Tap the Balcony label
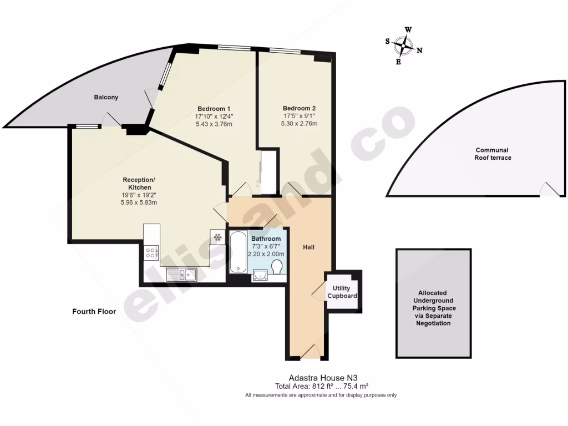[x=105, y=98]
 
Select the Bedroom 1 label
[x=214, y=108]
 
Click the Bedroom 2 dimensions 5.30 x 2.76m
[x=299, y=124]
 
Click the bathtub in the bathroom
[x=238, y=252]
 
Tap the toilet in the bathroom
[x=277, y=268]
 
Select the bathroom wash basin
[x=260, y=273]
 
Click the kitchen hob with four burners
[x=151, y=253]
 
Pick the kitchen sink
[x=180, y=273]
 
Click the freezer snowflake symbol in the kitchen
[x=217, y=237]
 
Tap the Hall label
[x=309, y=246]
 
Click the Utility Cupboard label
[x=342, y=292]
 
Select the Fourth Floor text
[x=94, y=312]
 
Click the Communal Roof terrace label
[x=491, y=154]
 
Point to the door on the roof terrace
[x=550, y=190]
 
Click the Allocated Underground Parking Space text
[x=433, y=308]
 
